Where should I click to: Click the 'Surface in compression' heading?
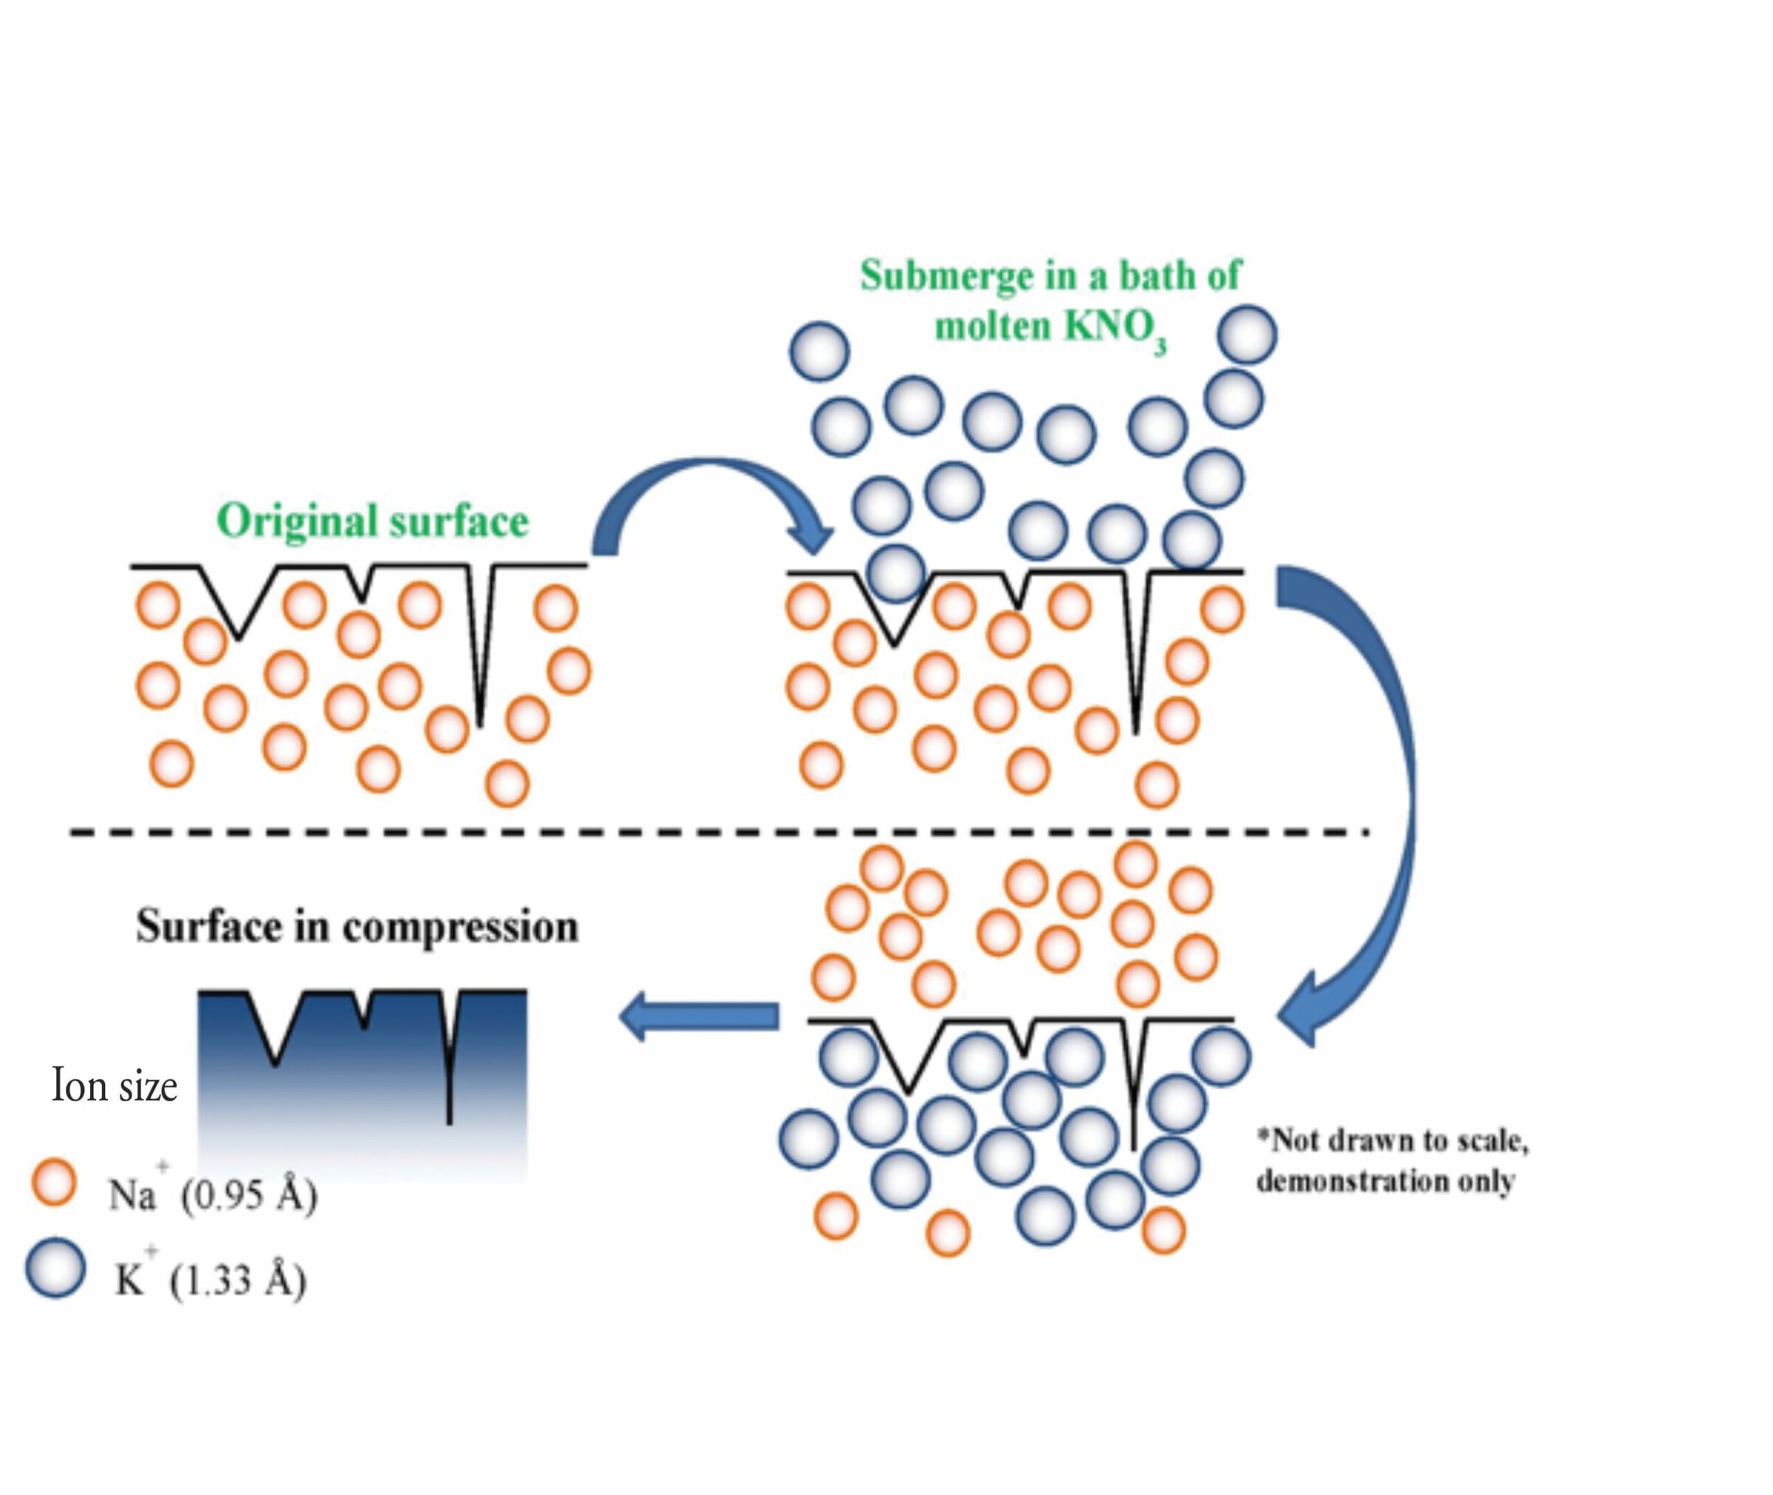pyautogui.click(x=357, y=926)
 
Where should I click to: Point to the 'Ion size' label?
pyautogui.click(x=115, y=1086)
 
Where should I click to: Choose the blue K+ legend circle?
pyautogui.click(x=55, y=1269)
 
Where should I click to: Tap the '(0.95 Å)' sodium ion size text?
pyautogui.click(x=249, y=1195)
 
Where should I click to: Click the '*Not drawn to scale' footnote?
pyautogui.click(x=1392, y=1140)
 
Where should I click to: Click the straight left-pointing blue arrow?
pyautogui.click(x=699, y=1016)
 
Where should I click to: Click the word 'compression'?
pyautogui.click(x=460, y=926)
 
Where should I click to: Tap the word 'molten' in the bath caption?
pyautogui.click(x=992, y=326)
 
